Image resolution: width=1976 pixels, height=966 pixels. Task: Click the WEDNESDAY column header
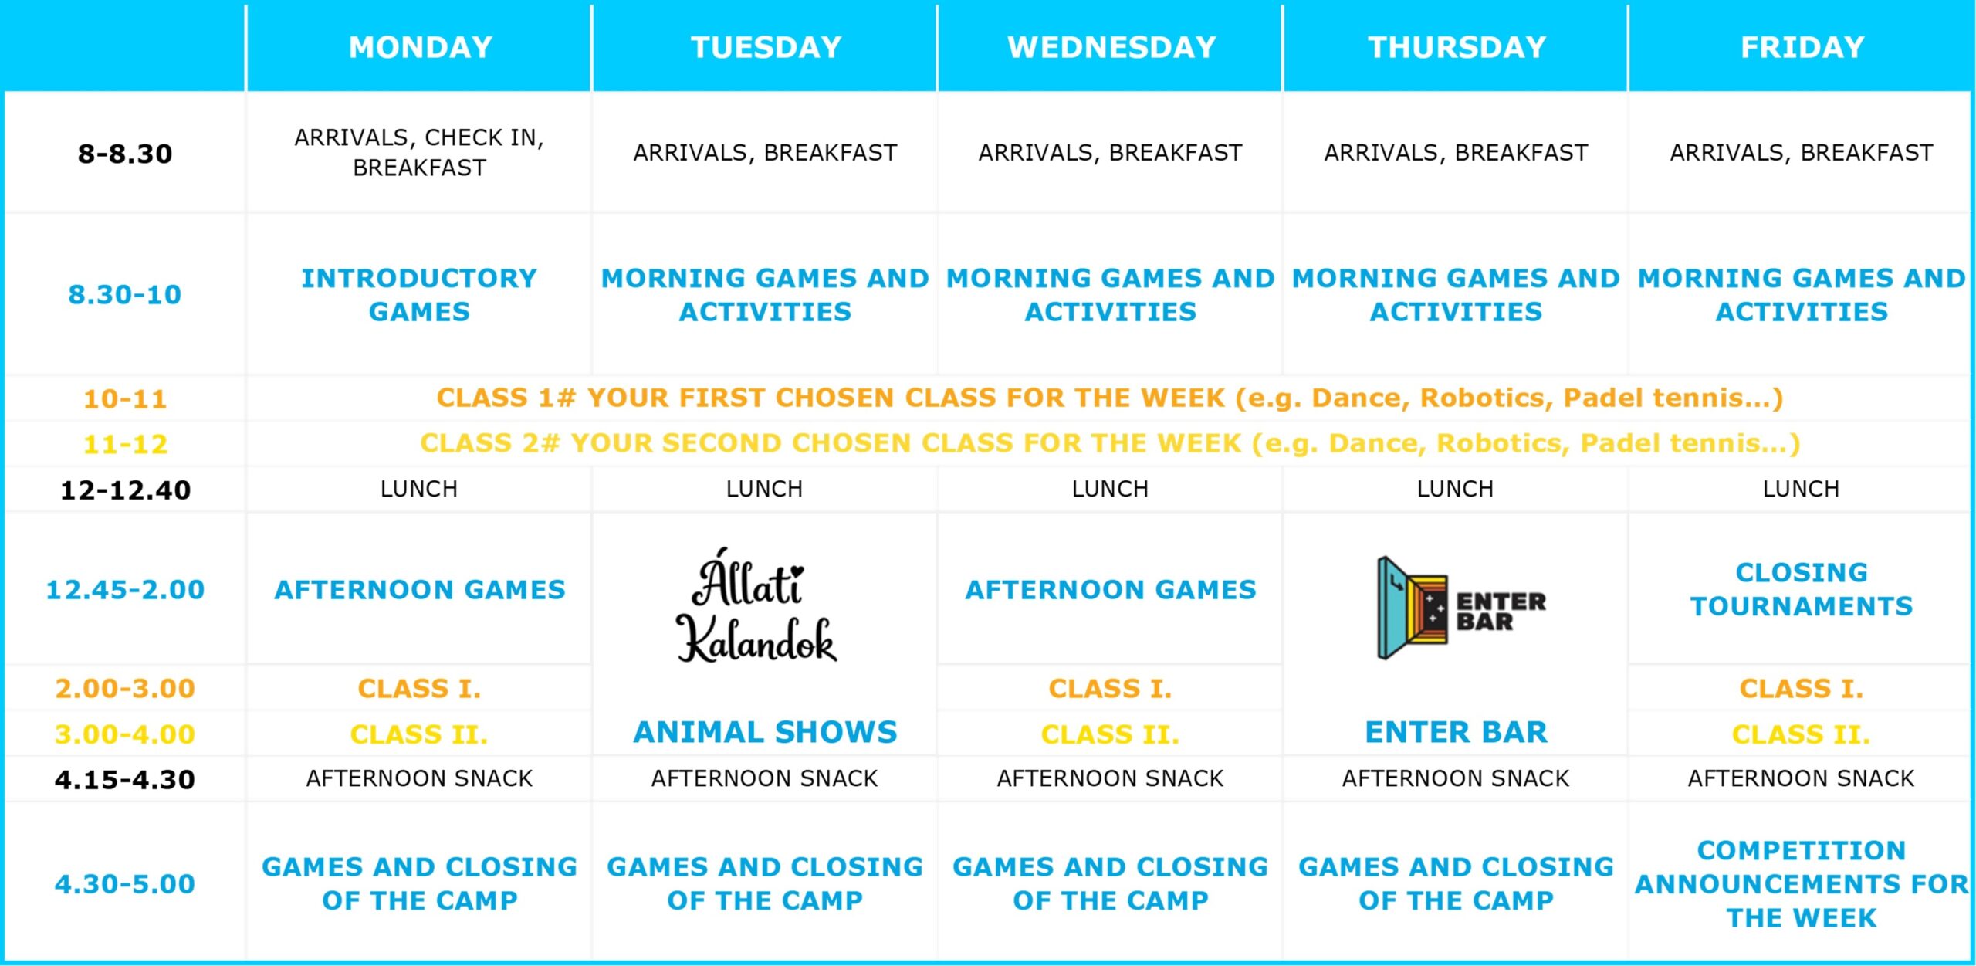pyautogui.click(x=1111, y=48)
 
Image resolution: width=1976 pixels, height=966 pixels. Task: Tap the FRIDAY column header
pyautogui.click(x=1802, y=48)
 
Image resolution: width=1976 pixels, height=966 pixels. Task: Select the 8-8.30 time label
pyautogui.click(x=125, y=154)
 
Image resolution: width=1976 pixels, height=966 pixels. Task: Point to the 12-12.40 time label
pyautogui.click(x=125, y=490)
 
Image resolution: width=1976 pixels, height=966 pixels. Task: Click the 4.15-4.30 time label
pyautogui.click(x=125, y=779)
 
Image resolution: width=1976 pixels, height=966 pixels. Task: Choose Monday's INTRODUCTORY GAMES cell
pyautogui.click(x=419, y=295)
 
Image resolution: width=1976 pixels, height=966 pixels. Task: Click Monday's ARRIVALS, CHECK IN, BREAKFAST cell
pyautogui.click(x=419, y=152)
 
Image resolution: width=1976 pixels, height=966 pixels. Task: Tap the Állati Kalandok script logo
pyautogui.click(x=756, y=606)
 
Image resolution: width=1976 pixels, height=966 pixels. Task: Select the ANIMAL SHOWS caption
pyautogui.click(x=765, y=732)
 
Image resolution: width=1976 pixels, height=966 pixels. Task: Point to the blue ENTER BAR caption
pyautogui.click(x=1456, y=732)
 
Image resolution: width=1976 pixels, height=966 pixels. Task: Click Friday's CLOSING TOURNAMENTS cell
pyautogui.click(x=1802, y=589)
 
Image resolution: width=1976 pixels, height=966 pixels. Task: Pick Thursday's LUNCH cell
pyautogui.click(x=1455, y=489)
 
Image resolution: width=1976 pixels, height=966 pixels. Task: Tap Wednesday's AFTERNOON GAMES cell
pyautogui.click(x=1111, y=590)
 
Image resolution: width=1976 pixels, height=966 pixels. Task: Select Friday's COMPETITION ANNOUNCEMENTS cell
pyautogui.click(x=1802, y=884)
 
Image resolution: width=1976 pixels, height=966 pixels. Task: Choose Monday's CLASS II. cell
pyautogui.click(x=419, y=734)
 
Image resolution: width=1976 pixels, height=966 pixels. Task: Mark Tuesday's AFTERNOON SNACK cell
pyautogui.click(x=765, y=778)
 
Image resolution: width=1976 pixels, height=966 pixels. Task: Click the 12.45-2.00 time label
pyautogui.click(x=125, y=590)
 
